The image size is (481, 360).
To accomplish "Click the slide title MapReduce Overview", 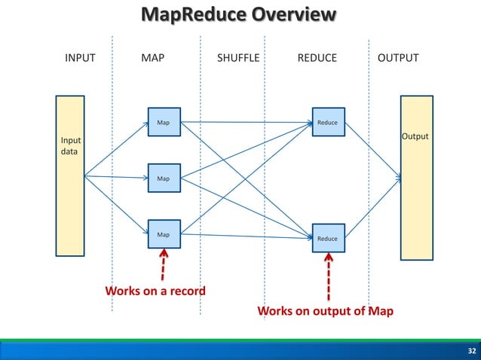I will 240,15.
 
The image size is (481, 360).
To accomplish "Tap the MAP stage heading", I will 153,58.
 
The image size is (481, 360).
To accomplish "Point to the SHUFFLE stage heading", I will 238,58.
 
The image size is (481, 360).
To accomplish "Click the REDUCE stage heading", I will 317,58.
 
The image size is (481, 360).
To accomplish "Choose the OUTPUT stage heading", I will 398,58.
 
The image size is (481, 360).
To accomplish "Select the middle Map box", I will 164,178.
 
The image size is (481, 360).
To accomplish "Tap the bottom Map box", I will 164,235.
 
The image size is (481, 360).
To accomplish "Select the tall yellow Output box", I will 416,177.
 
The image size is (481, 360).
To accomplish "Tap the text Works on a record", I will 155,291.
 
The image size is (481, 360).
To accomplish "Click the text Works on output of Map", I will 325,311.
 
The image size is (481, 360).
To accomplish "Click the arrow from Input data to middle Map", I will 117,178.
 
